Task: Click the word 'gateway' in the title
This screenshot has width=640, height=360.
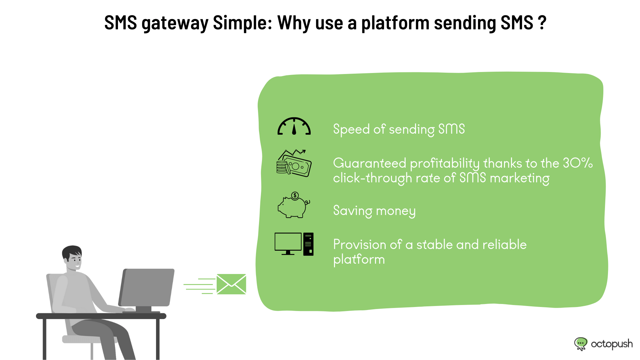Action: tap(175, 23)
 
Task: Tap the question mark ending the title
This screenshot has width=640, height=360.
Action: tap(542, 23)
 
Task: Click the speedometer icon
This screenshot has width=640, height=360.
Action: tap(294, 126)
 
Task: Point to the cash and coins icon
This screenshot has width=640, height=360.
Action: tap(294, 163)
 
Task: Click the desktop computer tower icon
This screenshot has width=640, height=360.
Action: tap(308, 244)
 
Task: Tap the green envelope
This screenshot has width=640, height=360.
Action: tap(231, 284)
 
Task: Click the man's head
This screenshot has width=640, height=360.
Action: tap(72, 258)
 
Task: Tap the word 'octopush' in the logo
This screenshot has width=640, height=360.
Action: tap(612, 344)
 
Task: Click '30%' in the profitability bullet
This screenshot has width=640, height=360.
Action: tap(578, 163)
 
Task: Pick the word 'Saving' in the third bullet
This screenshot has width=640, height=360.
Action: tap(353, 211)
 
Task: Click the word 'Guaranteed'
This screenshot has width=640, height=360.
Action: tap(370, 163)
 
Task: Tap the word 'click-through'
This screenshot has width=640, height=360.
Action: tap(372, 178)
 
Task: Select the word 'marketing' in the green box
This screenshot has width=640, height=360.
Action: tap(519, 178)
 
